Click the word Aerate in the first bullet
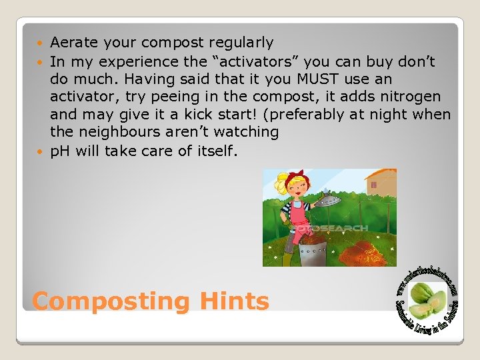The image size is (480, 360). click(x=73, y=43)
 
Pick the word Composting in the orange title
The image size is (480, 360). click(x=111, y=301)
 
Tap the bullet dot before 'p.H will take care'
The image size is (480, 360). click(x=42, y=151)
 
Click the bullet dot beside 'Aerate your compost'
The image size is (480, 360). click(x=42, y=43)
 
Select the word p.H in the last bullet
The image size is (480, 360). click(x=61, y=151)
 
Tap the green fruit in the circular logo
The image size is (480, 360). click(x=425, y=299)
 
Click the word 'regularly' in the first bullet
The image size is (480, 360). click(x=242, y=43)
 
